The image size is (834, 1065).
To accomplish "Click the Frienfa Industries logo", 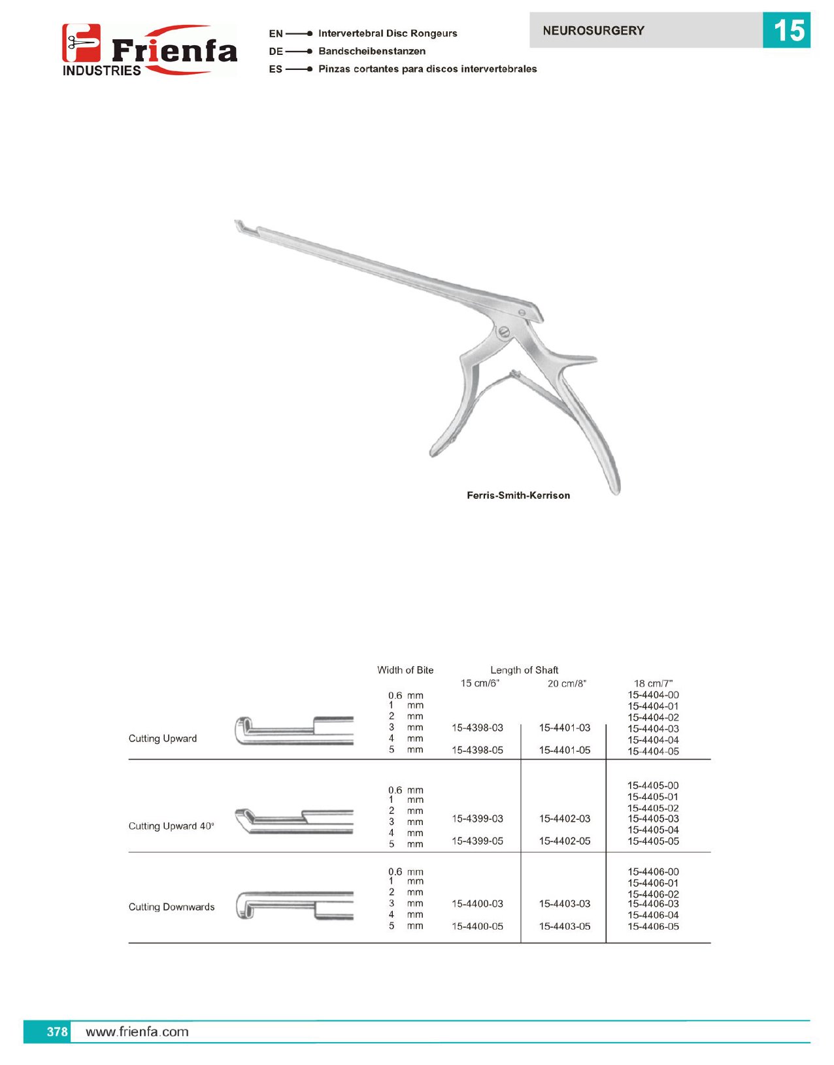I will [149, 50].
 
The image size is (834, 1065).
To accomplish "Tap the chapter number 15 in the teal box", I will [786, 30].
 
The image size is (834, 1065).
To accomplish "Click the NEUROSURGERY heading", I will [593, 31].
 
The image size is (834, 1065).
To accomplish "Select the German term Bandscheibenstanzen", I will [371, 51].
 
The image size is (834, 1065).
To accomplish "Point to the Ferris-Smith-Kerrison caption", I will [518, 496].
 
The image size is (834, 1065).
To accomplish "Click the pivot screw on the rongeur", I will [504, 332].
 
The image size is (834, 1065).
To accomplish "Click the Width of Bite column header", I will [405, 670].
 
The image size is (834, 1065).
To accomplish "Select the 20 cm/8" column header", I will [567, 684].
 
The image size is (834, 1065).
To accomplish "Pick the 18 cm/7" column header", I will [653, 684].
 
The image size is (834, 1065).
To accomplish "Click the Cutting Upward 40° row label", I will [171, 826].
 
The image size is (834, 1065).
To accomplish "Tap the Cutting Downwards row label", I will [171, 907].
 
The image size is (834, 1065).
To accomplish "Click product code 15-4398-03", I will [477, 728].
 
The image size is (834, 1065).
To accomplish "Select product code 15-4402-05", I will [564, 841].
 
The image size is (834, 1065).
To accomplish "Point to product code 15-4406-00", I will [653, 872].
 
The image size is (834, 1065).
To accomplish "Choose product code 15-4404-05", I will [653, 752].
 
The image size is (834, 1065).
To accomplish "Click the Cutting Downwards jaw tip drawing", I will [245, 906].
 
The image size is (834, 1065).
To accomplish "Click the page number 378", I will [57, 1032].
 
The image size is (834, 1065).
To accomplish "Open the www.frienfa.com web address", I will [137, 1032].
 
